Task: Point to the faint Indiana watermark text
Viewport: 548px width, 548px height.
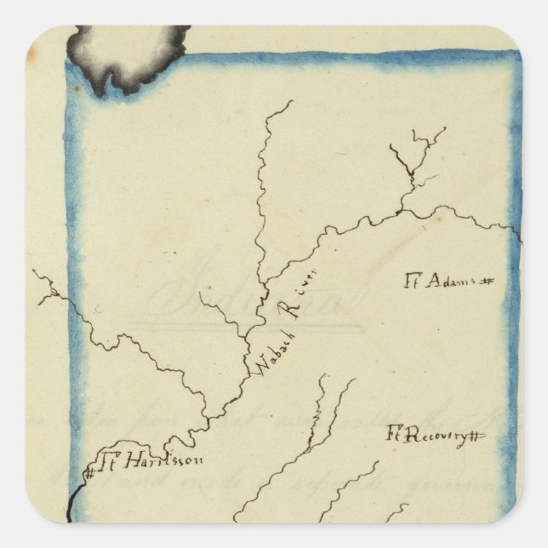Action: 255,298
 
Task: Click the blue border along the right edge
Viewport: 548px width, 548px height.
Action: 513,340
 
